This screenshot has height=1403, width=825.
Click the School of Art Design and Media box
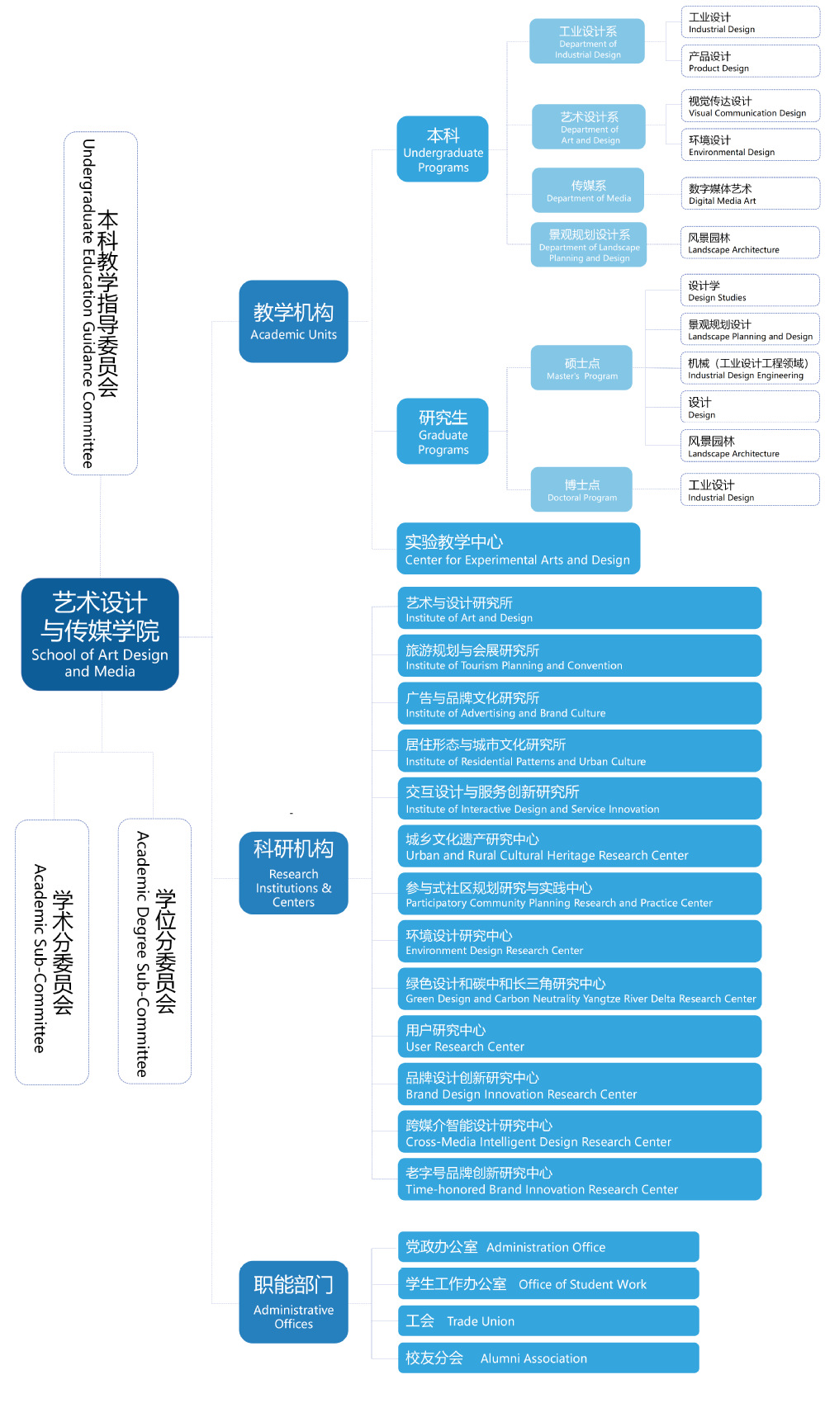[100, 634]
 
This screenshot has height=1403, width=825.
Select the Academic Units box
[293, 321]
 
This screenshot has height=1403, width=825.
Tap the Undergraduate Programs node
[443, 149]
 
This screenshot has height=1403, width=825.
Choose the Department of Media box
[588, 191]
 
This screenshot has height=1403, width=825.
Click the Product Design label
[750, 62]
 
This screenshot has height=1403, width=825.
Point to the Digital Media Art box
[750, 194]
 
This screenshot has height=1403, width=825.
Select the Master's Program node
[581, 368]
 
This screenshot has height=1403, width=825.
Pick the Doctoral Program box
[581, 490]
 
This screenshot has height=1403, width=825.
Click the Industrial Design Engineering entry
[750, 368]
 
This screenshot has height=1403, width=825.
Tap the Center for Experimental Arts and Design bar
[518, 549]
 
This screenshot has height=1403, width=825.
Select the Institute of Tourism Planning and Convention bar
[579, 656]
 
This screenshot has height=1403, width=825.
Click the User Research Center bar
[579, 1037]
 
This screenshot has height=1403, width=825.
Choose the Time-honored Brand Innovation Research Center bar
[579, 1180]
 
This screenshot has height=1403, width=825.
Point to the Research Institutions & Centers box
[293, 873]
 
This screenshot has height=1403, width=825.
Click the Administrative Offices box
[293, 1301]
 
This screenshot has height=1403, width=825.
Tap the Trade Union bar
[548, 1320]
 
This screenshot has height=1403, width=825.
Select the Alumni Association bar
[548, 1358]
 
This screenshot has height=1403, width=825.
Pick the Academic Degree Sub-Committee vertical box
[154, 951]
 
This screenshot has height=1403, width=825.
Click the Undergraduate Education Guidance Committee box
[101, 303]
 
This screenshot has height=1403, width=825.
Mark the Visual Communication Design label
[750, 106]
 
